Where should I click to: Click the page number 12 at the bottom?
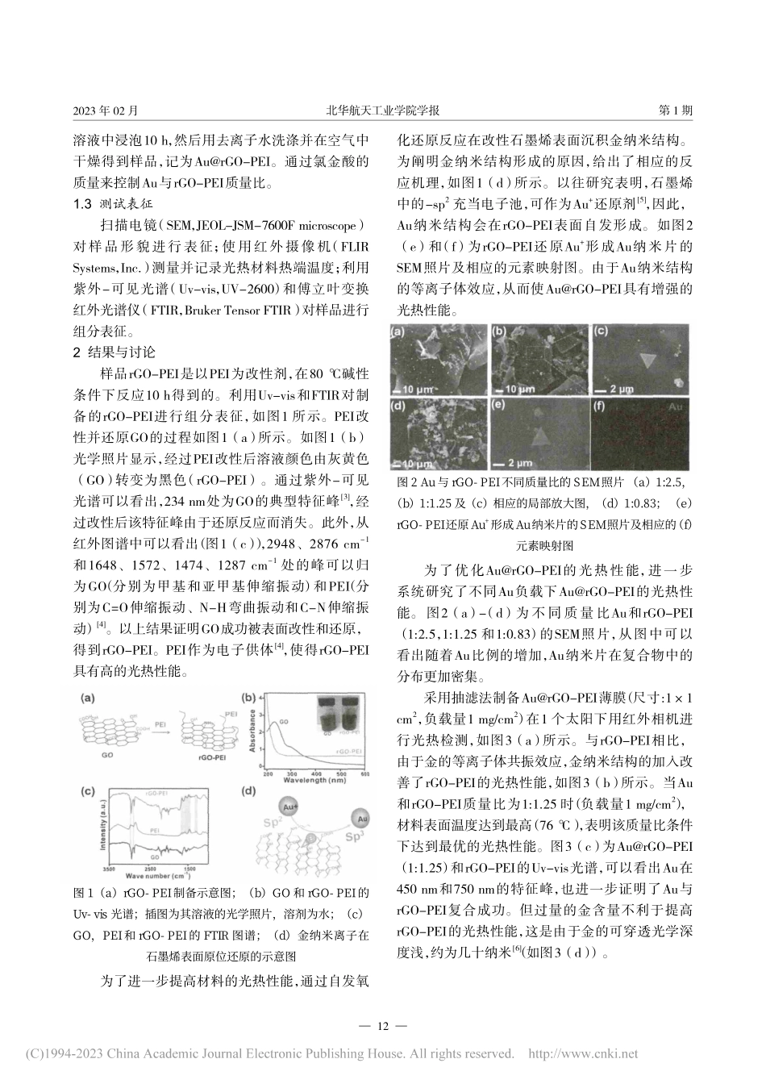382,1026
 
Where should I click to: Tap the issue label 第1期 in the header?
675,110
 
